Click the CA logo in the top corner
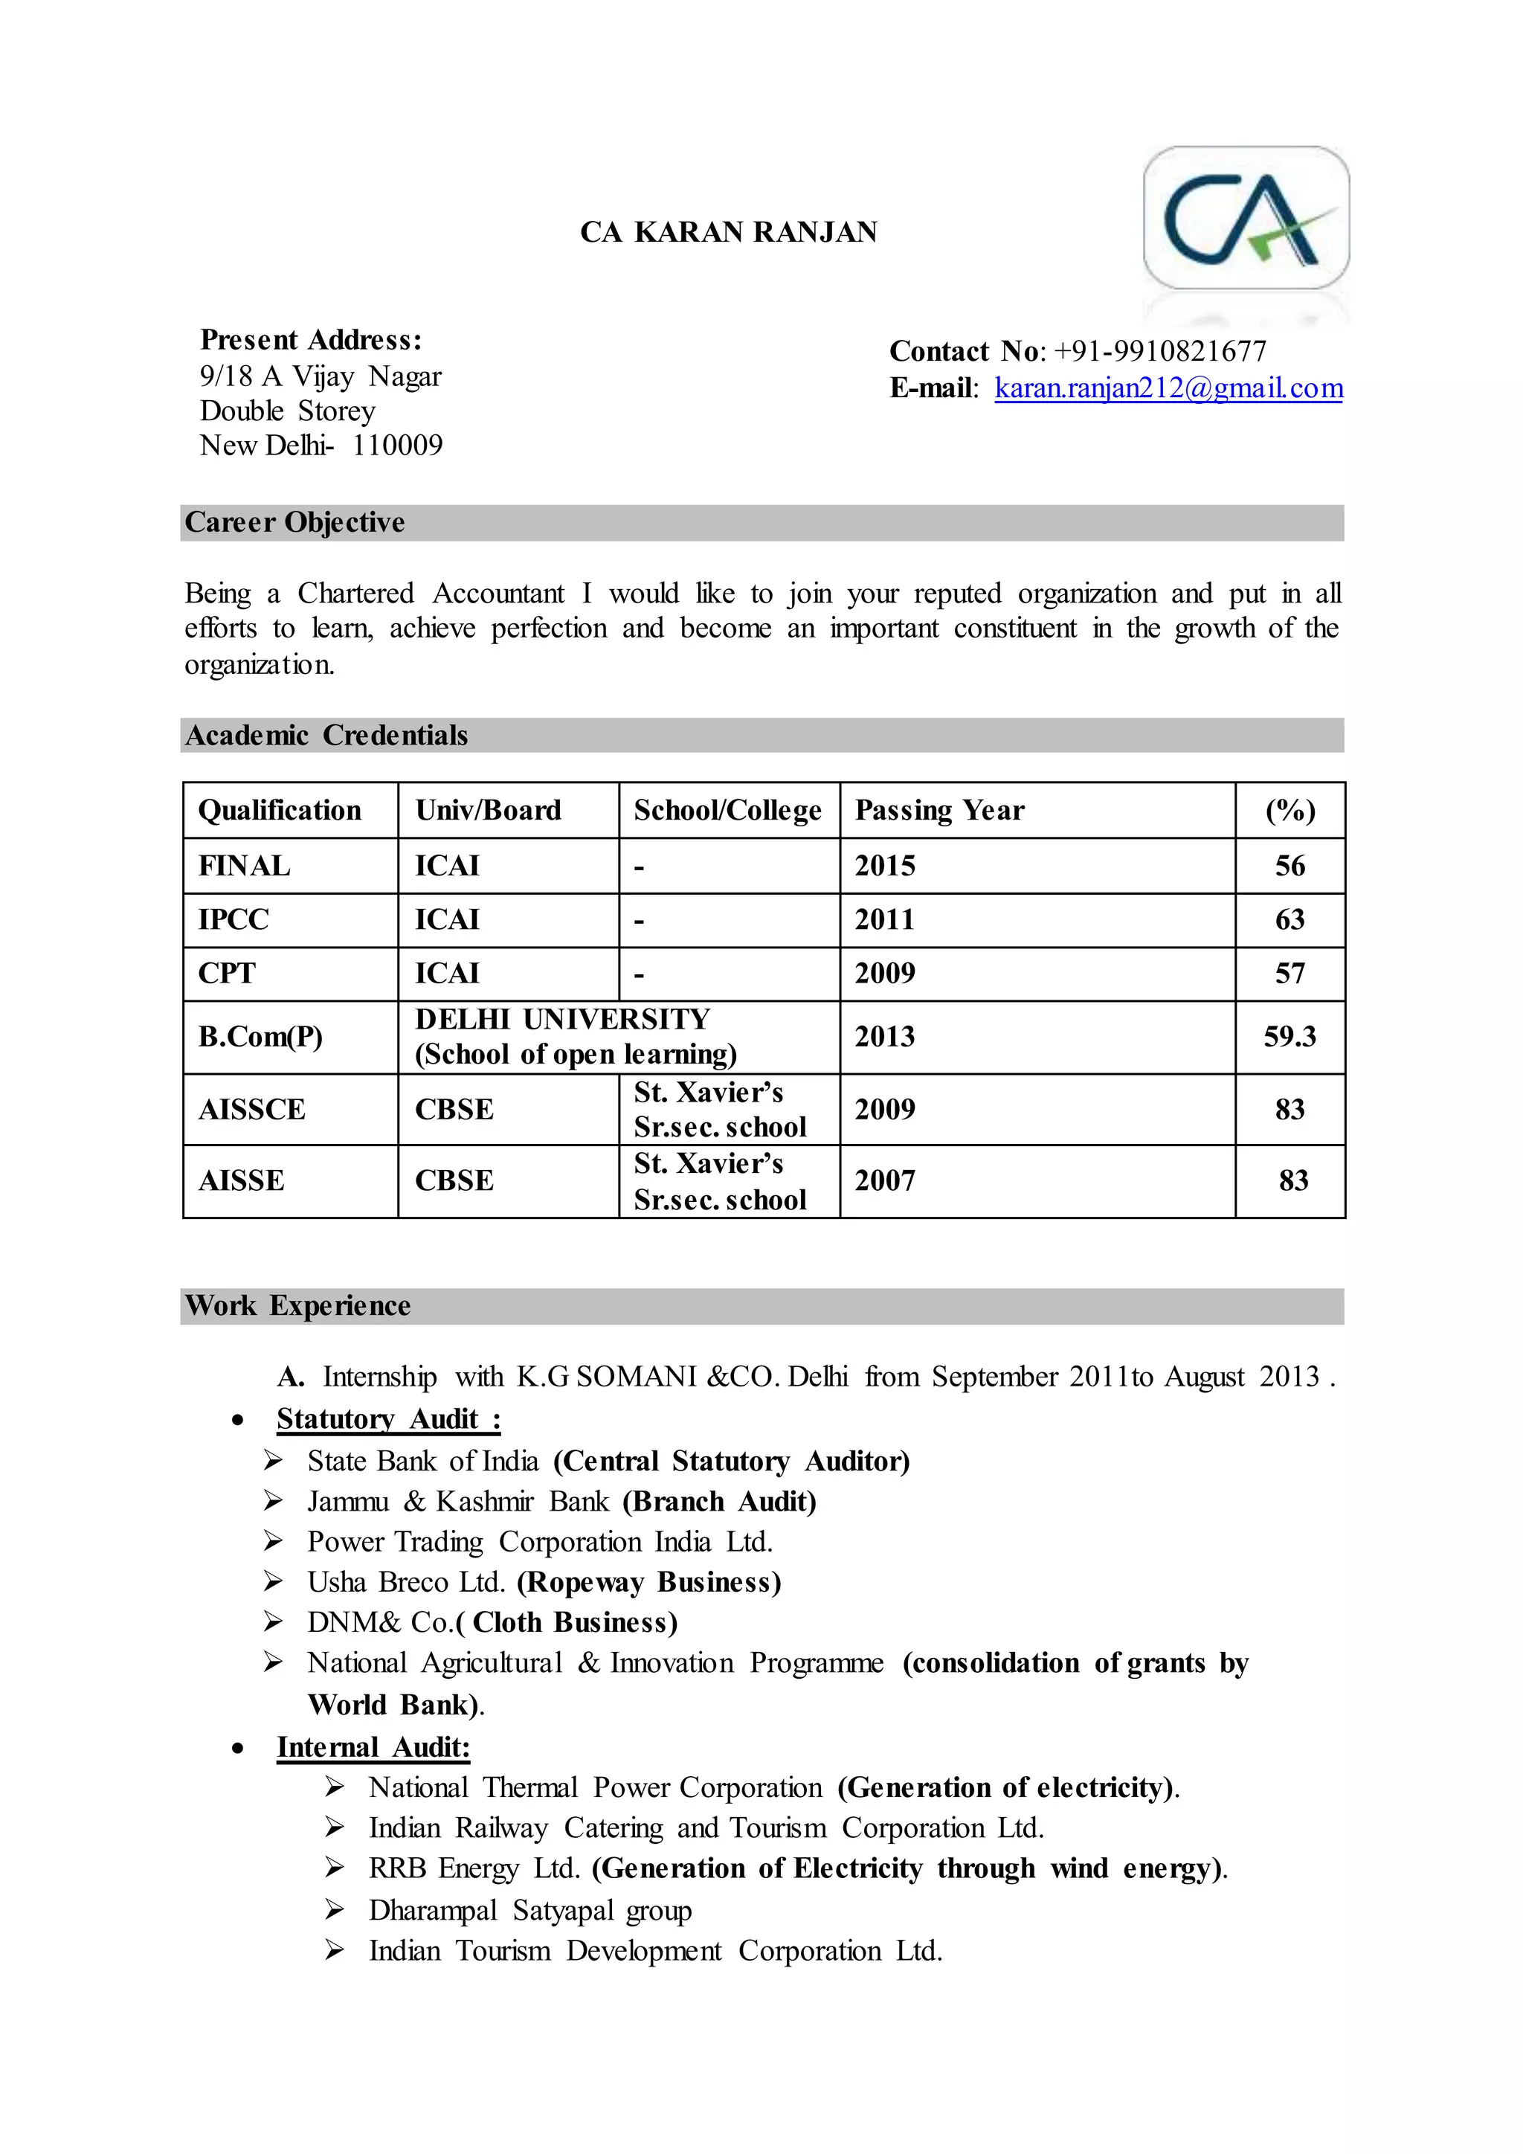pyautogui.click(x=1246, y=218)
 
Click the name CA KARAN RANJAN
pyautogui.click(x=729, y=232)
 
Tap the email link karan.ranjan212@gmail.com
pyautogui.click(x=1168, y=388)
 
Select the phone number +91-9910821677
pyautogui.click(x=1160, y=351)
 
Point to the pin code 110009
pyautogui.click(x=398, y=445)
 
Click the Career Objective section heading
pyautogui.click(x=294, y=523)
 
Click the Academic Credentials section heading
pyautogui.click(x=326, y=736)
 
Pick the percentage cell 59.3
pyautogui.click(x=1289, y=1037)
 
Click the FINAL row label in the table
pyautogui.click(x=244, y=866)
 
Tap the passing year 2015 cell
pyautogui.click(x=884, y=866)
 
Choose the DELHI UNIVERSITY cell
pyautogui.click(x=563, y=1020)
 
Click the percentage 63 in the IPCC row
pyautogui.click(x=1289, y=919)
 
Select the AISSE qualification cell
pyautogui.click(x=241, y=1181)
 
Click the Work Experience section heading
pyautogui.click(x=297, y=1306)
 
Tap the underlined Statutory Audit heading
pyautogui.click(x=387, y=1419)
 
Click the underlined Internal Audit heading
pyautogui.click(x=373, y=1748)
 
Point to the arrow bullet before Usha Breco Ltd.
pyautogui.click(x=273, y=1583)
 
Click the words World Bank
pyautogui.click(x=387, y=1705)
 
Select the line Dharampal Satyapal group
pyautogui.click(x=530, y=1911)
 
